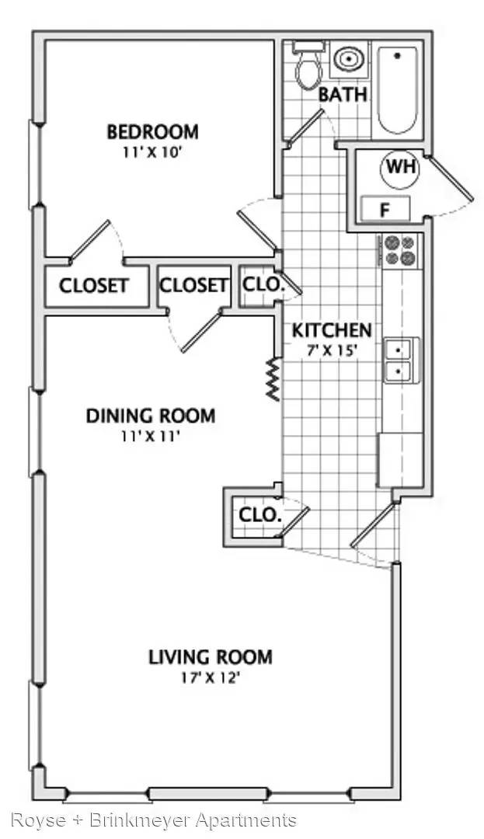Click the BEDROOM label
[152, 131]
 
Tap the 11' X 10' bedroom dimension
[153, 152]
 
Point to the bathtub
[397, 90]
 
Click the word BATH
[343, 96]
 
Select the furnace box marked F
[385, 209]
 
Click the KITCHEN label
[332, 330]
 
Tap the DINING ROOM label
[151, 416]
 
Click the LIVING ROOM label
[211, 656]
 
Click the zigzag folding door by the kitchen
[273, 379]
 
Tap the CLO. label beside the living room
[260, 515]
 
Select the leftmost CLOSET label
[94, 286]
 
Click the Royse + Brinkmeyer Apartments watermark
[154, 820]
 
